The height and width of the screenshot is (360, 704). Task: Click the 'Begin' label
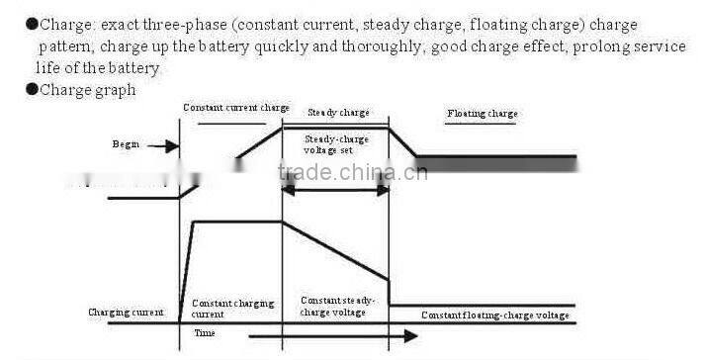(126, 144)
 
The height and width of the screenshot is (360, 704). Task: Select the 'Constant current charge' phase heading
(235, 107)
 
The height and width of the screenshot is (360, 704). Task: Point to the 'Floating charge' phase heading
(482, 114)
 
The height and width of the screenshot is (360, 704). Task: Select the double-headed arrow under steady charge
(336, 190)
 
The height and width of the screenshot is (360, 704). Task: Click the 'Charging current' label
(126, 313)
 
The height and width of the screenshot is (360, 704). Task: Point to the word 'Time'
(204, 334)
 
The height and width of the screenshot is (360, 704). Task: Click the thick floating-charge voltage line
(494, 159)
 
